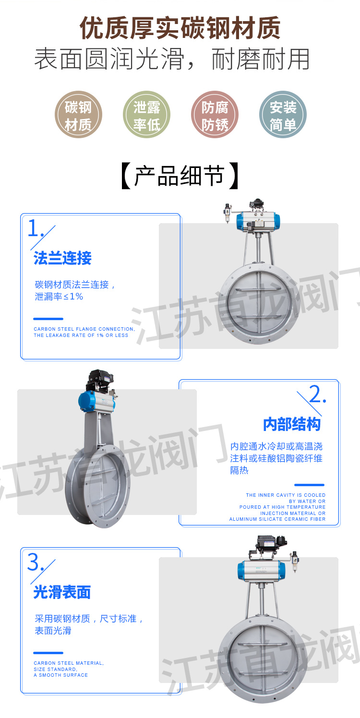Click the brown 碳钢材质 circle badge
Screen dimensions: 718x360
tap(78, 115)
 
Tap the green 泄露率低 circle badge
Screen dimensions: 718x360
tap(146, 115)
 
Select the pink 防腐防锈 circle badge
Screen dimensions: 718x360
tap(215, 115)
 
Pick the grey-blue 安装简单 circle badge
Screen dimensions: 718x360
tap(283, 115)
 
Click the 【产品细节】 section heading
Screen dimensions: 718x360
tap(180, 176)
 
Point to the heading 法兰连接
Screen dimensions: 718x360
tap(62, 258)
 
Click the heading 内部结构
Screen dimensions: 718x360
tap(292, 424)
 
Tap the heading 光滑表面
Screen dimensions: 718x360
tap(62, 592)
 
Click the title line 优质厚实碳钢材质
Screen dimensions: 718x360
tap(180, 28)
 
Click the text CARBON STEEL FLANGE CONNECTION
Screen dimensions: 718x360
tap(84, 329)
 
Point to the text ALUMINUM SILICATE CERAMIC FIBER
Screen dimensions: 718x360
tap(277, 519)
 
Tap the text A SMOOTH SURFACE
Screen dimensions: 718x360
tap(60, 675)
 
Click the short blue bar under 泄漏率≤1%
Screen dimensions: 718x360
tap(48, 319)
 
